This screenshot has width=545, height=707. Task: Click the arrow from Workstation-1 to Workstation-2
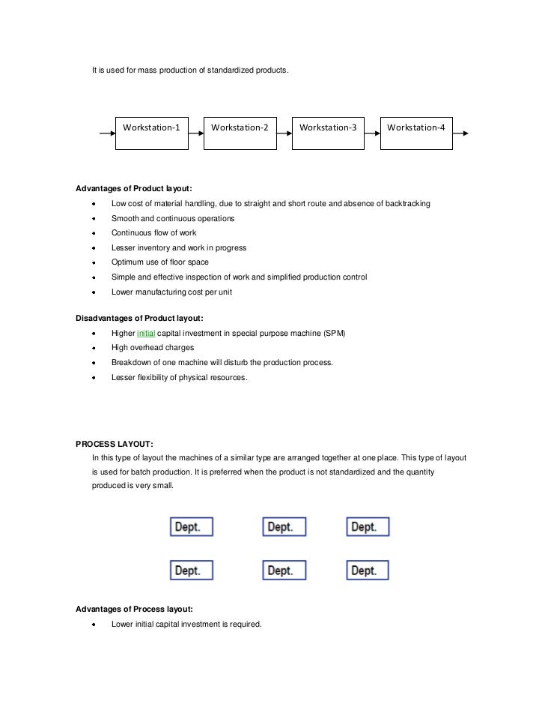[x=195, y=133]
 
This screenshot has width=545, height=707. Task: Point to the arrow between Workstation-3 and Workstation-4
[x=372, y=133]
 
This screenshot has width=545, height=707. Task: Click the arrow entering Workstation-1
[x=107, y=133]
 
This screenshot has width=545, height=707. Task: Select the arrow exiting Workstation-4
[x=460, y=133]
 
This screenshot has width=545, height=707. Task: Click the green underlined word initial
[x=145, y=333]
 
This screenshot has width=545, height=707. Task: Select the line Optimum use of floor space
[x=160, y=262]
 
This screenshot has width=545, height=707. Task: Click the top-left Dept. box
[x=191, y=526]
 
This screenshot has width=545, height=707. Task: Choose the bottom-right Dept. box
[x=368, y=571]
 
